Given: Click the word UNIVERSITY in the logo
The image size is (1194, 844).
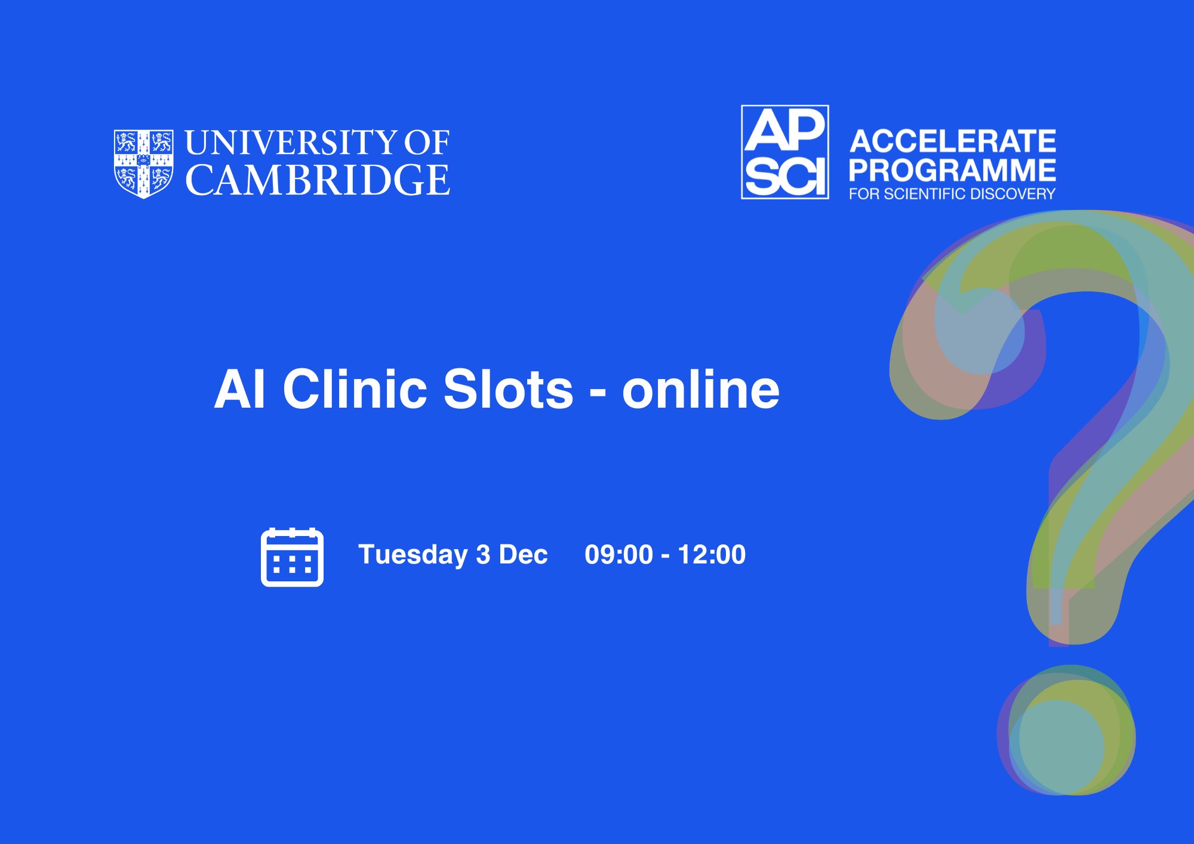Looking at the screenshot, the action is pyautogui.click(x=291, y=143).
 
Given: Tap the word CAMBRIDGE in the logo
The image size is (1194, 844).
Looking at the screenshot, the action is pyautogui.click(x=318, y=180).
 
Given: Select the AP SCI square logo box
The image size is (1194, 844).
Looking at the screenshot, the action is pyautogui.click(x=785, y=152).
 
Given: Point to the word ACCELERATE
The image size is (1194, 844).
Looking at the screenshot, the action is pyautogui.click(x=953, y=141).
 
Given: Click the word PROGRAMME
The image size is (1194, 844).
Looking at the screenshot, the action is pyautogui.click(x=953, y=170).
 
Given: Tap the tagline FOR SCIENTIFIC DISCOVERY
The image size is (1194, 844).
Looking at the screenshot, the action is pyautogui.click(x=953, y=194).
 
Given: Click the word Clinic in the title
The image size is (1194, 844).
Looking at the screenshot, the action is pyautogui.click(x=355, y=389).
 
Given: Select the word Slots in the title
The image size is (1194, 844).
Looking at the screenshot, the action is pyautogui.click(x=509, y=389).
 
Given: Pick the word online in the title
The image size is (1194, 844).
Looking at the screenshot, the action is pyautogui.click(x=701, y=389).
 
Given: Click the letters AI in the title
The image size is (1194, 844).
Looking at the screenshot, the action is pyautogui.click(x=239, y=389).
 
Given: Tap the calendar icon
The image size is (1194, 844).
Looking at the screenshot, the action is pyautogui.click(x=293, y=557).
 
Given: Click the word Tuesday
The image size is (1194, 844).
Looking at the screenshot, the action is pyautogui.click(x=413, y=555).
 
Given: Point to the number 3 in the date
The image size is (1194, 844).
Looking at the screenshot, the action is pyautogui.click(x=483, y=555).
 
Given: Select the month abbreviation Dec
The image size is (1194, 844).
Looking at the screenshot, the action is pyautogui.click(x=523, y=555).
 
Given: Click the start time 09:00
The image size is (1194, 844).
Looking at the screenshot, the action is pyautogui.click(x=619, y=555).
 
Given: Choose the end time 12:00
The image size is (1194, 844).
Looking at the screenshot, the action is pyautogui.click(x=712, y=555).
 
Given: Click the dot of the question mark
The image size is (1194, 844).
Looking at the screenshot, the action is pyautogui.click(x=1066, y=730).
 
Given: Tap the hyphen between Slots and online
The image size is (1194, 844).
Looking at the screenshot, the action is pyautogui.click(x=598, y=393).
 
